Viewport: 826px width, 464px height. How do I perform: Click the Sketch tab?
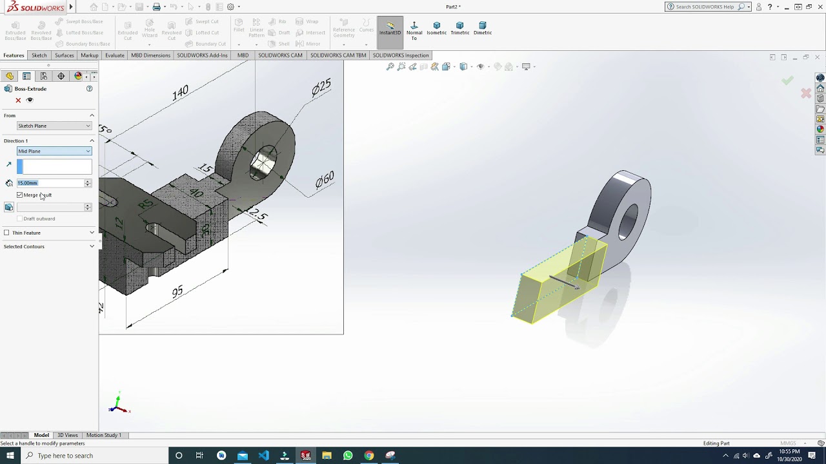pyautogui.click(x=39, y=55)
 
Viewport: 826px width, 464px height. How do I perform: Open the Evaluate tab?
pyautogui.click(x=115, y=55)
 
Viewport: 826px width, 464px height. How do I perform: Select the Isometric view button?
pyautogui.click(x=436, y=28)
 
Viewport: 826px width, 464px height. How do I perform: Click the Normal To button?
pyautogui.click(x=414, y=30)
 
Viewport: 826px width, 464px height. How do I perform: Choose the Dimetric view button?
pyautogui.click(x=482, y=28)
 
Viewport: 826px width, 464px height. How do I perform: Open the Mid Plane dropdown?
pyautogui.click(x=54, y=151)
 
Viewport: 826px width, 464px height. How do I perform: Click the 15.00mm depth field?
pyautogui.click(x=50, y=183)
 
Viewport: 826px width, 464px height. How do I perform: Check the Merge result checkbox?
pyautogui.click(x=20, y=195)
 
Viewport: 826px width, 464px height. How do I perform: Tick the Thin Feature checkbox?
pyautogui.click(x=7, y=233)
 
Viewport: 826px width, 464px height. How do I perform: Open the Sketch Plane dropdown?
pyautogui.click(x=54, y=126)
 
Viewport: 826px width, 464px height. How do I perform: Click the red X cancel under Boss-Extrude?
pyautogui.click(x=18, y=100)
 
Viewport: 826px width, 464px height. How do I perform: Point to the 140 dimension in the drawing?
pyautogui.click(x=180, y=93)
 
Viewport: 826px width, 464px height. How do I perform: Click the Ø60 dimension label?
pyautogui.click(x=325, y=180)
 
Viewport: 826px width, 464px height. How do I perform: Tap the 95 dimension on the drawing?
pyautogui.click(x=177, y=292)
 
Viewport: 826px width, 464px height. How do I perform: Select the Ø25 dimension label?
pyautogui.click(x=321, y=86)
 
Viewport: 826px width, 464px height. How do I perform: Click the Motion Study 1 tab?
pyautogui.click(x=103, y=435)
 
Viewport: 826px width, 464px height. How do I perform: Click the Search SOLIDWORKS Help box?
pyautogui.click(x=705, y=7)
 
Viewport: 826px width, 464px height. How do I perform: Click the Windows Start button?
pyautogui.click(x=10, y=456)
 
